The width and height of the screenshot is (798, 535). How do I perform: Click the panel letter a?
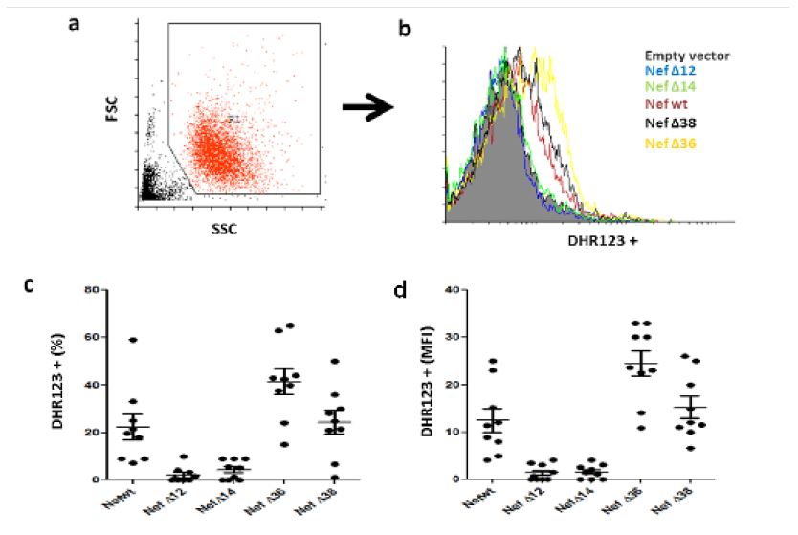point(74,22)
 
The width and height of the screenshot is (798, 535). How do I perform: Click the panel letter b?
point(405,29)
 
